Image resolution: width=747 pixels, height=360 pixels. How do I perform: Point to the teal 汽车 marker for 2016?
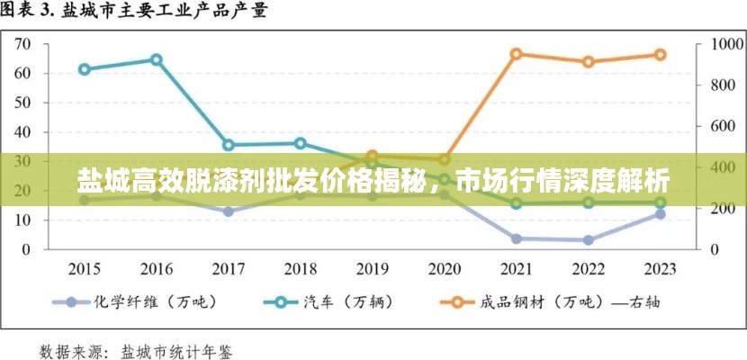coord(156,60)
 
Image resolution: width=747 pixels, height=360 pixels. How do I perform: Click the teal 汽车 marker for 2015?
coord(85,69)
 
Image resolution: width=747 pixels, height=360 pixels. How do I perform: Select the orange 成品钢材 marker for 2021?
coord(516,54)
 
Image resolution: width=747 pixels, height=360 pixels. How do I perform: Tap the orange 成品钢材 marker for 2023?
coord(660,54)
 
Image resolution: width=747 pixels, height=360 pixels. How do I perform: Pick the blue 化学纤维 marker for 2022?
coord(588,240)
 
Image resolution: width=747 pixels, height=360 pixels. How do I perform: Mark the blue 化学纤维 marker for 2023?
coord(660,214)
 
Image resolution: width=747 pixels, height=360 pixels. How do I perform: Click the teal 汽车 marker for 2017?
coord(229,145)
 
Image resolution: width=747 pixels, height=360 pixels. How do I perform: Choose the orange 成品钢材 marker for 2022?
coord(588,62)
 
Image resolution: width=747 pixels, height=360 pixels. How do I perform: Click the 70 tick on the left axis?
coord(48,44)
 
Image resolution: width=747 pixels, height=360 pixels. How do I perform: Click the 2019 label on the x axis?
coord(372,268)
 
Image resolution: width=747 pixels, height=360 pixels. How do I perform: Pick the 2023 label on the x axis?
coord(660,268)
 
